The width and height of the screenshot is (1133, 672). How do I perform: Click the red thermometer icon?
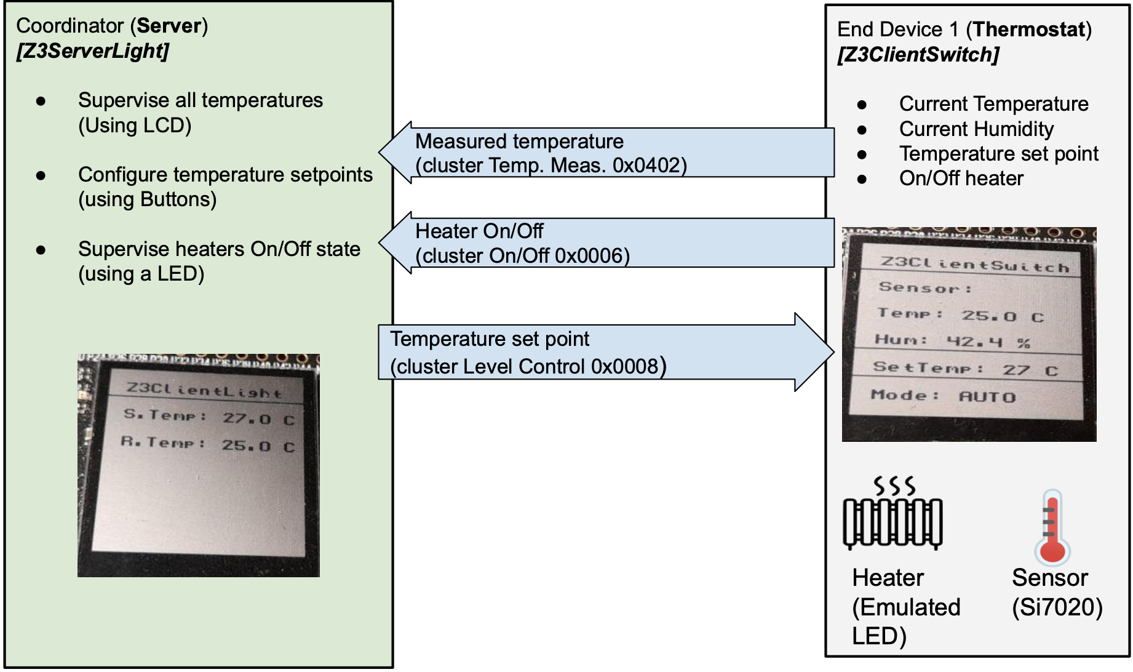[x=1052, y=528]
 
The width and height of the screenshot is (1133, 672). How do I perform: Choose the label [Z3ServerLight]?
[x=93, y=51]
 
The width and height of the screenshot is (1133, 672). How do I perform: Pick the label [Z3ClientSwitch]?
[x=918, y=55]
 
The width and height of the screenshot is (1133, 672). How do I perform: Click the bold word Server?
[x=169, y=26]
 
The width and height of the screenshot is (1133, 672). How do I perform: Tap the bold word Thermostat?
[x=1028, y=30]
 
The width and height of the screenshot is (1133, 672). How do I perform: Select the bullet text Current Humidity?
[x=976, y=129]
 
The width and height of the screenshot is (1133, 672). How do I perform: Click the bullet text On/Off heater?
[x=961, y=178]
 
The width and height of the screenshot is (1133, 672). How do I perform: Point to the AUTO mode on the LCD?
[x=987, y=397]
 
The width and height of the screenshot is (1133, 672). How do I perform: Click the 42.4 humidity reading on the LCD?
[x=975, y=342]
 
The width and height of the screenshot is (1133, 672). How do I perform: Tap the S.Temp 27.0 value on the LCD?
[x=247, y=419]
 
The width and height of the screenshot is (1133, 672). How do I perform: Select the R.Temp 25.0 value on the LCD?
[x=246, y=446]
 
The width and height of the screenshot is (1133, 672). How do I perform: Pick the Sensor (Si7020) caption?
[x=1056, y=593]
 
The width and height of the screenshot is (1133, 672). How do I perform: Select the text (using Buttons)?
[x=148, y=199]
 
